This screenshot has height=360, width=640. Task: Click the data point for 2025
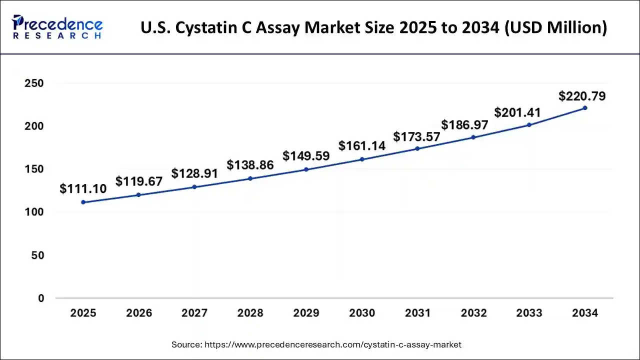point(83,202)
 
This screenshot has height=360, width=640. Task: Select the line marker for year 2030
point(362,159)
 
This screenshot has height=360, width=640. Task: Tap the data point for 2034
point(585,107)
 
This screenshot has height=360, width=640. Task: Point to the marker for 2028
point(250,178)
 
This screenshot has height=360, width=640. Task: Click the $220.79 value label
point(582,95)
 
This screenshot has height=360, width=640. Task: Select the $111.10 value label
point(83,189)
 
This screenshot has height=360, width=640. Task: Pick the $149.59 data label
point(306,156)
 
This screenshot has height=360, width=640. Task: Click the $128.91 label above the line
point(194,173)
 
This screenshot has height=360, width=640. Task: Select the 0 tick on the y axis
point(41,298)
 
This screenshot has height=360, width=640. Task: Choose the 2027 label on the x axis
point(194,313)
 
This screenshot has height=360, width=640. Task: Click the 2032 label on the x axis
point(473,313)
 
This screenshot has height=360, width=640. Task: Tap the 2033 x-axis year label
point(529,313)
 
